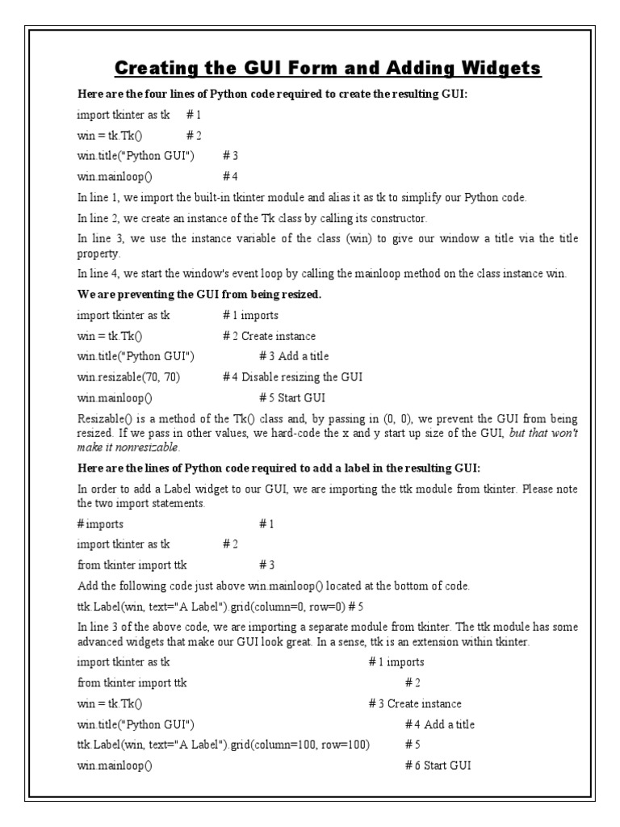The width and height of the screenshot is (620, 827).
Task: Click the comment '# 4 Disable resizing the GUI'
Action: pyautogui.click(x=293, y=377)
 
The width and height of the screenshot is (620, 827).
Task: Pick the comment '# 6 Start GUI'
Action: pyautogui.click(x=438, y=765)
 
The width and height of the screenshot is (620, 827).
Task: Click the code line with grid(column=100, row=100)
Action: pyautogui.click(x=224, y=745)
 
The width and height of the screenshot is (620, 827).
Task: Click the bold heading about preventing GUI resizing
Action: pyautogui.click(x=199, y=295)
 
